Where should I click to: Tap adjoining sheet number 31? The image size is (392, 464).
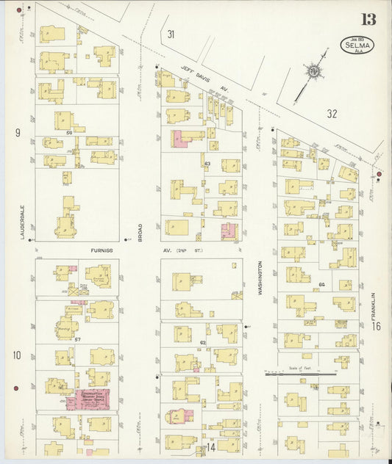pos(171,34)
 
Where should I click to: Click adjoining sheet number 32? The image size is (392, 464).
pos(332,113)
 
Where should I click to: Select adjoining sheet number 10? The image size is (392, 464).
pos(16,355)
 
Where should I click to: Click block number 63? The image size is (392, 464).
pos(207,163)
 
